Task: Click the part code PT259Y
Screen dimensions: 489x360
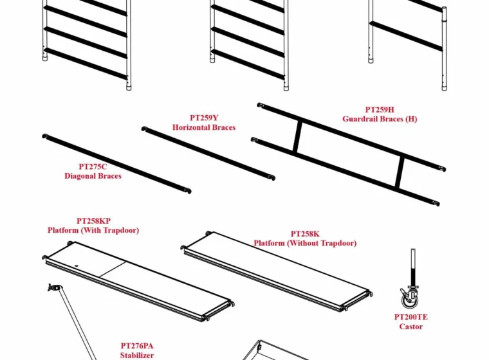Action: click(204, 118)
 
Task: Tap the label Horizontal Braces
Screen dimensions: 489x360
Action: click(204, 127)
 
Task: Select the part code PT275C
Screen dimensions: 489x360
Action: click(93, 166)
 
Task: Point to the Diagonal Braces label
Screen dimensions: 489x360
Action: click(93, 176)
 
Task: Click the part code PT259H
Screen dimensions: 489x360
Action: click(380, 110)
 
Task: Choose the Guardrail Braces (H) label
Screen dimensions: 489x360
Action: click(380, 119)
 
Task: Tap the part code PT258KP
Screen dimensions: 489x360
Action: click(93, 221)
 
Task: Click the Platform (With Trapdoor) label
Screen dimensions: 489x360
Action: click(93, 230)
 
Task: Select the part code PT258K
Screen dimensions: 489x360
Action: click(305, 234)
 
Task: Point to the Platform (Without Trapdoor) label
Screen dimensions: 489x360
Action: click(305, 243)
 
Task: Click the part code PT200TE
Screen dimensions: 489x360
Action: click(411, 318)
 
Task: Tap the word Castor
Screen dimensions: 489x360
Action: click(411, 327)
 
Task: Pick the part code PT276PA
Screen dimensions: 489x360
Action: click(137, 346)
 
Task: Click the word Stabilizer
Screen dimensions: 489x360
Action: click(137, 355)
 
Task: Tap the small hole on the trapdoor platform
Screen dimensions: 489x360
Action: click(77, 266)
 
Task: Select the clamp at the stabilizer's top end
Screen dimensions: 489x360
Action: click(54, 287)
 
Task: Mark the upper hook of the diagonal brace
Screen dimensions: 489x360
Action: click(46, 136)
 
